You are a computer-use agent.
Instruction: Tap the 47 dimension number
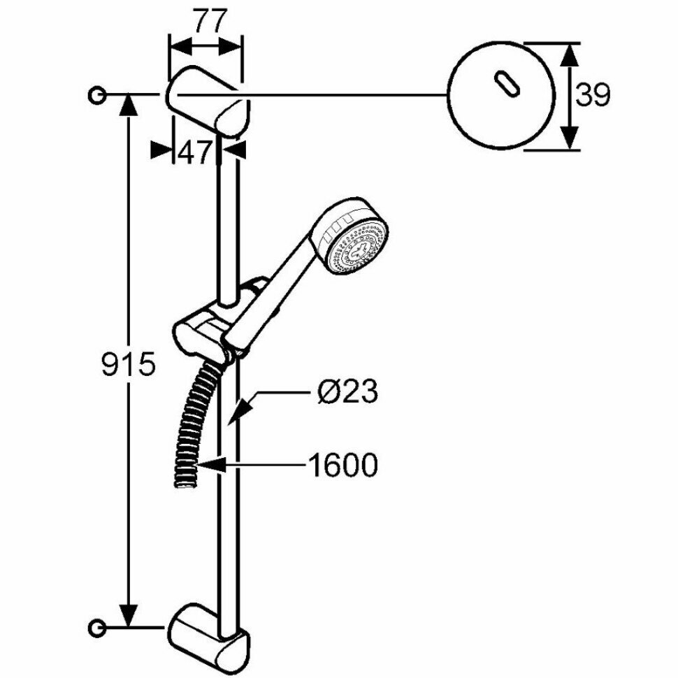tap(196, 151)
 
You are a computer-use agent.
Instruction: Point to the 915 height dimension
tap(127, 365)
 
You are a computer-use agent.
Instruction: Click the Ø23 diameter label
tap(347, 393)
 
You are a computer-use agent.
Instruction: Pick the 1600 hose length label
tap(342, 465)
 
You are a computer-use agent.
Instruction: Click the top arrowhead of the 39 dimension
tap(570, 52)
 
